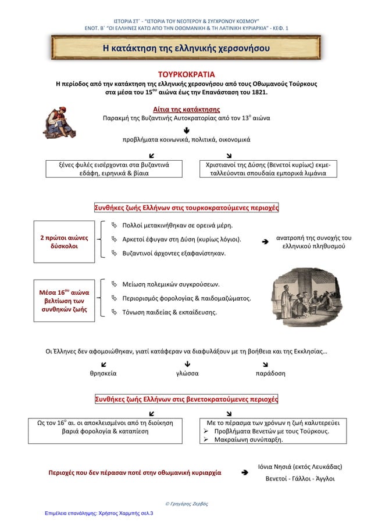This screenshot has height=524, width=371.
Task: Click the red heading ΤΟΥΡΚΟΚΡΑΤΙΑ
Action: coord(186,74)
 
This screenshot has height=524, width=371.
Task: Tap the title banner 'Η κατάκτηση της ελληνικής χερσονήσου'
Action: coord(185,46)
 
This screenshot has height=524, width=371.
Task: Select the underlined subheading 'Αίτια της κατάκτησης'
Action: coord(186,108)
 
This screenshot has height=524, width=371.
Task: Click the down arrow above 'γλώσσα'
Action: coord(186,364)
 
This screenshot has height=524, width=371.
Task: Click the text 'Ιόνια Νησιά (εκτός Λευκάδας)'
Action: coord(299,467)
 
